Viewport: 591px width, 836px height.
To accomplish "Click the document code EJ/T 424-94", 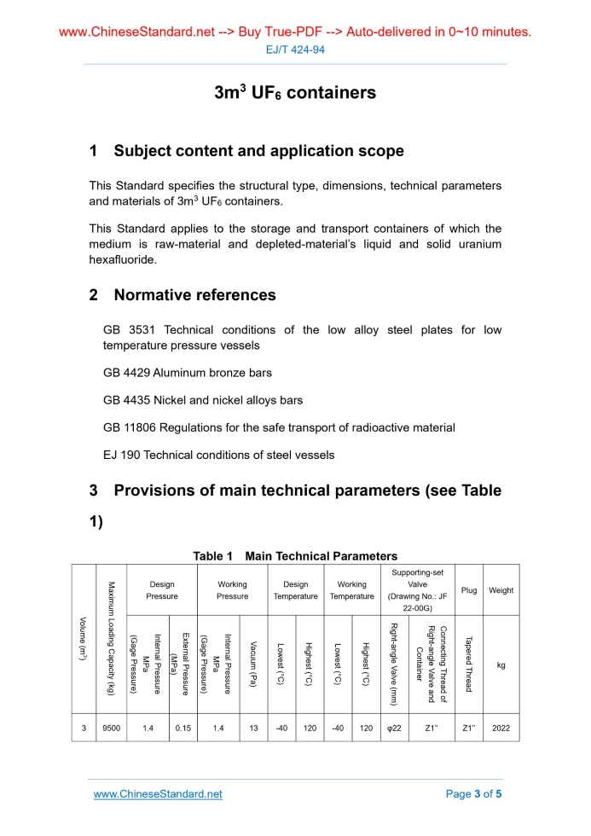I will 295,49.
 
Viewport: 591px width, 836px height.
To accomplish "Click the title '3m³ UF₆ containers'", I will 295,92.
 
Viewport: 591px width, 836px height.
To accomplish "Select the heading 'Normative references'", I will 194,295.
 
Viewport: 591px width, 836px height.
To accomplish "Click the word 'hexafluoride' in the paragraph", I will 123,258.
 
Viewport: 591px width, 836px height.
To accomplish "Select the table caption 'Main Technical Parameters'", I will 321,556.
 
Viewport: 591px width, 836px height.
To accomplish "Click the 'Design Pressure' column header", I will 162,590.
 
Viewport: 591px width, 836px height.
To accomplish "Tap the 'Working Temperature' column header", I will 352,590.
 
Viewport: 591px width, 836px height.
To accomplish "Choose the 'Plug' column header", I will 469,590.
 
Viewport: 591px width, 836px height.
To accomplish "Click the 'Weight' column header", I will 501,590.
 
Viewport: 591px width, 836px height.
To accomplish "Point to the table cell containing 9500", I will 112,728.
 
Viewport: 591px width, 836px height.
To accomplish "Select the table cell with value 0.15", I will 183,728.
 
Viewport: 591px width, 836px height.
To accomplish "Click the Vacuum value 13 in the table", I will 253,728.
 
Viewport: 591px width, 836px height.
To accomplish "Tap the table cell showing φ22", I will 395,728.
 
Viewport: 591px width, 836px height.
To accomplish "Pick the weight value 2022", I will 501,728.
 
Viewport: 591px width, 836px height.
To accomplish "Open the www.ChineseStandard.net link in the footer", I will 158,794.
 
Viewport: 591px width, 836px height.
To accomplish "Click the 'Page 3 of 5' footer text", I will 474,794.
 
